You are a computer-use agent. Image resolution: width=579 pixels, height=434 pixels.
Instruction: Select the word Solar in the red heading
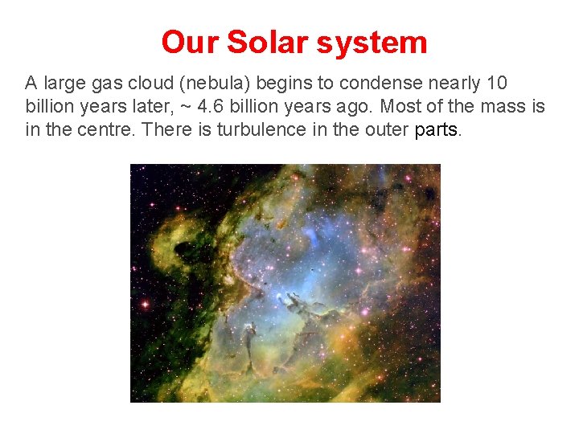pos(263,42)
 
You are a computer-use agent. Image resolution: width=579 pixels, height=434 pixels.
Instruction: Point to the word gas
pos(113,83)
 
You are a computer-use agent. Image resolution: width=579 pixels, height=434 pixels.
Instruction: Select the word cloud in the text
pos(157,83)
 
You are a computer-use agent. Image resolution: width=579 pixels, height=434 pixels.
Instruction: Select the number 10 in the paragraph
pos(497,83)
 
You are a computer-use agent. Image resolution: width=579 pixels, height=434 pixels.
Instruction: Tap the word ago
pos(358,106)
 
